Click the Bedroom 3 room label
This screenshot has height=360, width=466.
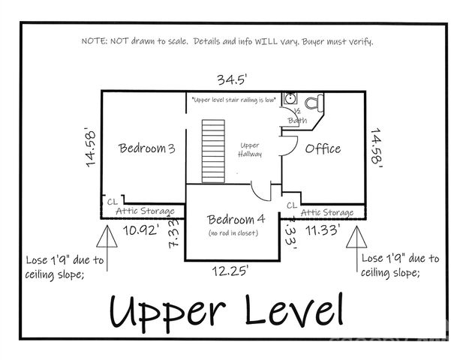147,148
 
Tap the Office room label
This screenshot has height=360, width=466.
323,148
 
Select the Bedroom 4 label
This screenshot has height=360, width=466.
236,220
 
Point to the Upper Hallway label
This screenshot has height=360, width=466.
250,149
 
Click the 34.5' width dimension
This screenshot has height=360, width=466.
233,79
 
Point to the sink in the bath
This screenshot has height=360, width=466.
292,100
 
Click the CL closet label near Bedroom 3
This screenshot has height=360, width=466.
113,201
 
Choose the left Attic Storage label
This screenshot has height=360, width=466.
146,212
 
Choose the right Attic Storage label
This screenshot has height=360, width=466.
327,213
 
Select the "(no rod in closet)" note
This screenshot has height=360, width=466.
233,233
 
